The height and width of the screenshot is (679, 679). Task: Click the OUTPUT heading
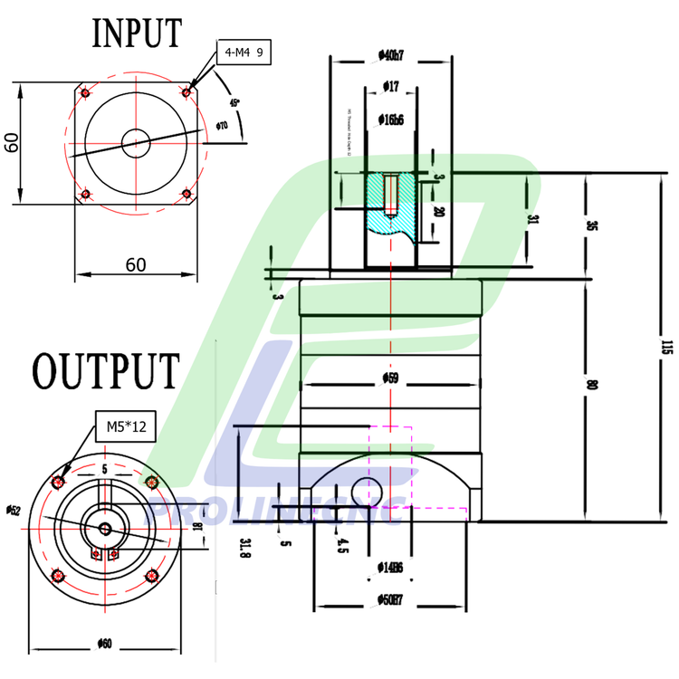(105, 371)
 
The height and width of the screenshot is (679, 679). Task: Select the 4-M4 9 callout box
(244, 53)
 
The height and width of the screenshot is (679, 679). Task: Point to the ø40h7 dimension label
(391, 55)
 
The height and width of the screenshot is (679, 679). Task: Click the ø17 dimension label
(391, 87)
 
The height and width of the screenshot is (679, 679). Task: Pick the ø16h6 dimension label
(391, 119)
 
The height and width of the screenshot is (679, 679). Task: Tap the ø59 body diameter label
(390, 378)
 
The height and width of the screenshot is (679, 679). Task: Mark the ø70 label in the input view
(222, 125)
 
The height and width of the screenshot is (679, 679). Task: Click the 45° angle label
(235, 103)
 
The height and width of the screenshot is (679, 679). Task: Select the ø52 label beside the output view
(13, 512)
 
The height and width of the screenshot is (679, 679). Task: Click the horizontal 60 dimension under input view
(135, 264)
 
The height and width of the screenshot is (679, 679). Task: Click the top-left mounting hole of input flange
(84, 92)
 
